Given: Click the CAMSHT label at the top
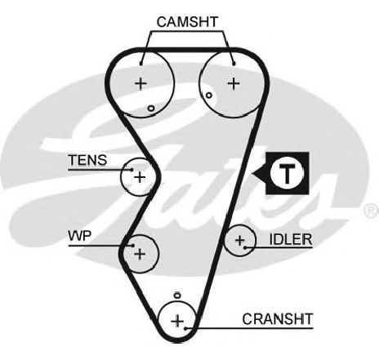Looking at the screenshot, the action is (x=187, y=22).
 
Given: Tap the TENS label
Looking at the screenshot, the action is (x=87, y=160).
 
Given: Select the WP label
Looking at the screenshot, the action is (x=80, y=236).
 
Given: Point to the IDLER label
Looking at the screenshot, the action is (x=291, y=239).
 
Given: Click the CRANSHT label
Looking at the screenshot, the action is (x=278, y=319).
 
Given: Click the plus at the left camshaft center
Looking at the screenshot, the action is (x=140, y=83).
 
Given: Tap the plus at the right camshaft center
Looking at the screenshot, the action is (x=234, y=83).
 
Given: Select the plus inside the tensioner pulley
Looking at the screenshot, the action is (x=140, y=177).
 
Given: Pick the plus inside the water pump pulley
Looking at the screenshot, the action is (x=140, y=254).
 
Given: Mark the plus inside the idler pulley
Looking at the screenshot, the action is (x=240, y=240).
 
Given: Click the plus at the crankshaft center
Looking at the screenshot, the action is (x=177, y=321).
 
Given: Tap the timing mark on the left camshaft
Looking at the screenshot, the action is (x=151, y=109).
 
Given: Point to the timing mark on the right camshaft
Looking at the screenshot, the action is (x=209, y=96).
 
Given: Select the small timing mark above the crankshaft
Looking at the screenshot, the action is (x=177, y=296).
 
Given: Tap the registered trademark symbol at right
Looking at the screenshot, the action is (x=372, y=211).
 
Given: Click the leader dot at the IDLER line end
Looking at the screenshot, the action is (x=245, y=247).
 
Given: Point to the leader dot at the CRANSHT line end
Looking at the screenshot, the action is (x=185, y=328).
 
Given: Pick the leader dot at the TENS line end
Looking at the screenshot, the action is (x=132, y=170).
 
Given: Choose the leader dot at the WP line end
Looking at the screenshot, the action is (x=133, y=246).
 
